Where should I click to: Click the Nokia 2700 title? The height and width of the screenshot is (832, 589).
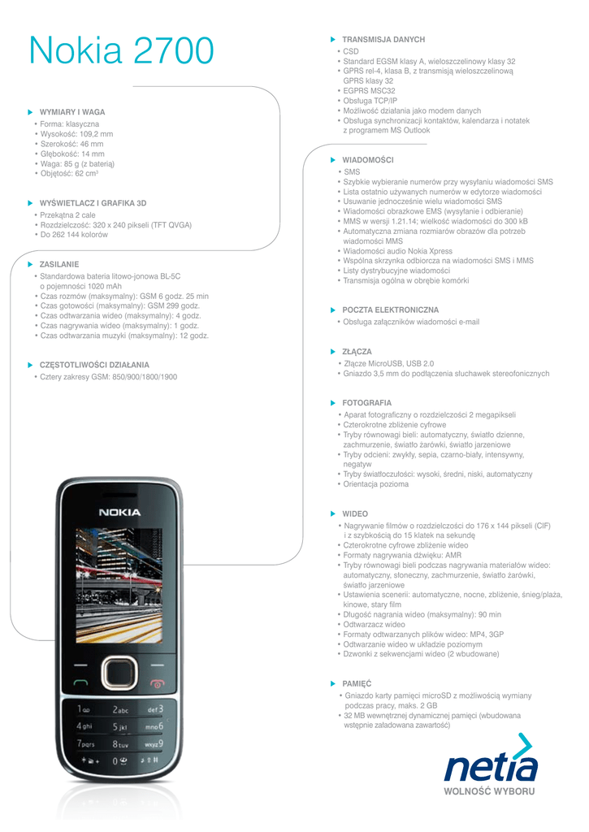[121, 51]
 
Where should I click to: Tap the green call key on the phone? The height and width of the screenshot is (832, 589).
[80, 683]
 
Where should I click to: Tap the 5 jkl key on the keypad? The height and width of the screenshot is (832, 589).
[119, 726]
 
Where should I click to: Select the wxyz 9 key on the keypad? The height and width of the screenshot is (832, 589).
[154, 743]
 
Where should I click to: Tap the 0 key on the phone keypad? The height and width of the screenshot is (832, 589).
[119, 761]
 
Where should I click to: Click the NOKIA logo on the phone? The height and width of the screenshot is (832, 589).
[119, 513]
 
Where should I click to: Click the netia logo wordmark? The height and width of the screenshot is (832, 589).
[490, 768]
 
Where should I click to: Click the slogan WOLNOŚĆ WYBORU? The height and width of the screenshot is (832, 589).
[489, 791]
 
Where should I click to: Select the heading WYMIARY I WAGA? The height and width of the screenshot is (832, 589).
[72, 112]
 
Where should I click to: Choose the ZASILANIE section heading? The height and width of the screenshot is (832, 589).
[59, 264]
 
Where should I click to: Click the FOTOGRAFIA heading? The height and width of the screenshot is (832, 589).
[366, 403]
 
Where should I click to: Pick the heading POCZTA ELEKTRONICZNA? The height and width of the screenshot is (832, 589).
[390, 310]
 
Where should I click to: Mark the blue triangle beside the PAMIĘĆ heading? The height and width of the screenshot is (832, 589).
[332, 684]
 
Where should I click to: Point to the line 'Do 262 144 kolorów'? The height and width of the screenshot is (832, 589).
[74, 235]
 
